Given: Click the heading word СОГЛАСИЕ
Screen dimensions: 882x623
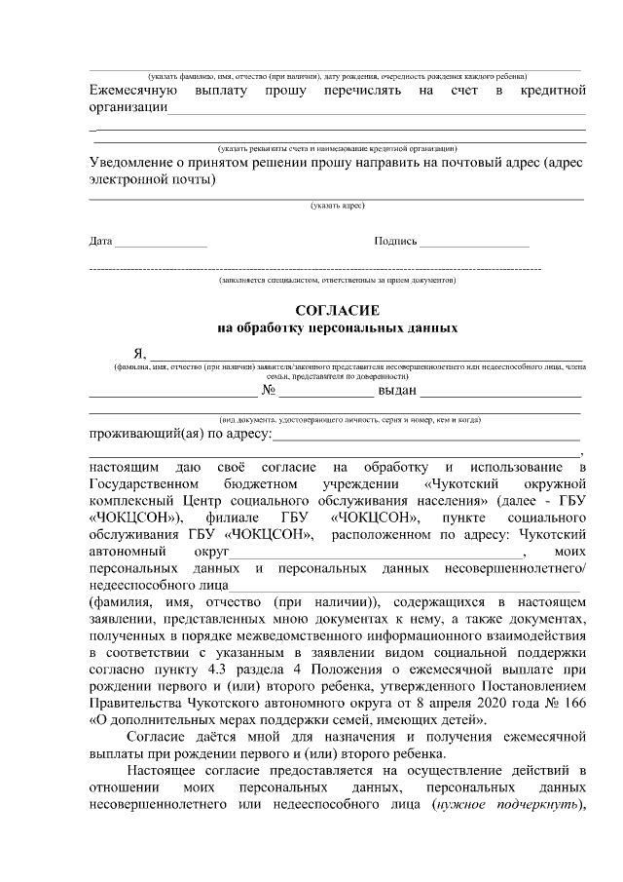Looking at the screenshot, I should pos(337,310).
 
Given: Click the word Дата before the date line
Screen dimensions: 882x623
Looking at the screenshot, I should pos(100,241).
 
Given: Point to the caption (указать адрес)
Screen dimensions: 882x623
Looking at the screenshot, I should pos(337,206).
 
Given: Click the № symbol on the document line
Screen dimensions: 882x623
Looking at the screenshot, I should pos(272,391).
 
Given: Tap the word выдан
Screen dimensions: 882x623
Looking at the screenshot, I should pos(398,391).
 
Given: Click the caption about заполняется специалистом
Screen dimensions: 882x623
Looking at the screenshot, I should pos(337,280).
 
